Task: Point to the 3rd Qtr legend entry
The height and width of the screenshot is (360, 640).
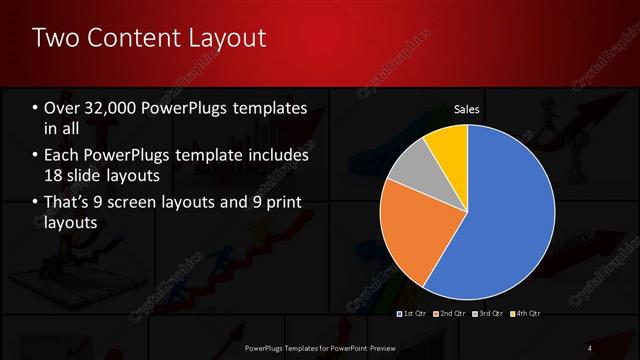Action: (x=488, y=314)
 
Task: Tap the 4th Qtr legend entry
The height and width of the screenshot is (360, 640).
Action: (x=526, y=314)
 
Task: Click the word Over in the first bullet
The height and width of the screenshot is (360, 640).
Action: (x=59, y=108)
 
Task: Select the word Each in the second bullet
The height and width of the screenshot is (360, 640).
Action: (x=59, y=156)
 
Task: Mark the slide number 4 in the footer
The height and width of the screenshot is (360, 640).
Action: (x=589, y=347)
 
